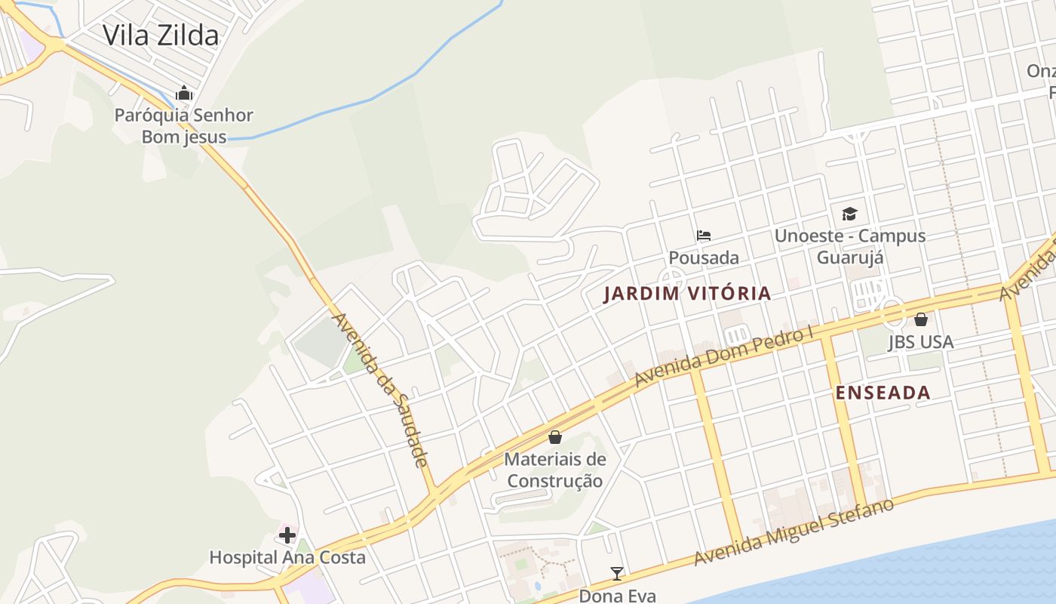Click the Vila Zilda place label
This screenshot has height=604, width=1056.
click(x=161, y=35)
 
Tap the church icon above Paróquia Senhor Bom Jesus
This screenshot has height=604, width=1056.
click(x=184, y=94)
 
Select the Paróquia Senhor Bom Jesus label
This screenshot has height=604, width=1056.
click(x=184, y=126)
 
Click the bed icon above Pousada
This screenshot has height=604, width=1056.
click(x=704, y=236)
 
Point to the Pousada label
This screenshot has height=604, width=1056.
click(x=704, y=257)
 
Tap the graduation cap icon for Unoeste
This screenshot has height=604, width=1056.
click(x=849, y=214)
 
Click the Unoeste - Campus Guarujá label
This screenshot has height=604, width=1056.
click(x=850, y=246)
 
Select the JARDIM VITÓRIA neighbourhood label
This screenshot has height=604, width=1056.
click(x=687, y=294)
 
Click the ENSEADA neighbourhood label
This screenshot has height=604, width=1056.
click(x=883, y=393)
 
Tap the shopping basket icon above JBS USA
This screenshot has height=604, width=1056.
click(x=920, y=319)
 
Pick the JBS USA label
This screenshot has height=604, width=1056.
click(x=920, y=342)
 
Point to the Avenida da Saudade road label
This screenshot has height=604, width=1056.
click(x=380, y=390)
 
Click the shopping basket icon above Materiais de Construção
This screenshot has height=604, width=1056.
click(x=555, y=437)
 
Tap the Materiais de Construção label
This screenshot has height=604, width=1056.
click(x=555, y=470)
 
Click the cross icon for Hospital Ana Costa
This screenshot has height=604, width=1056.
click(x=287, y=535)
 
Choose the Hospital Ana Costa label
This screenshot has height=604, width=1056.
click(x=287, y=558)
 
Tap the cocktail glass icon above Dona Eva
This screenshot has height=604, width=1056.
click(x=617, y=574)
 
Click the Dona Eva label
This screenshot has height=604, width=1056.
click(x=617, y=596)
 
